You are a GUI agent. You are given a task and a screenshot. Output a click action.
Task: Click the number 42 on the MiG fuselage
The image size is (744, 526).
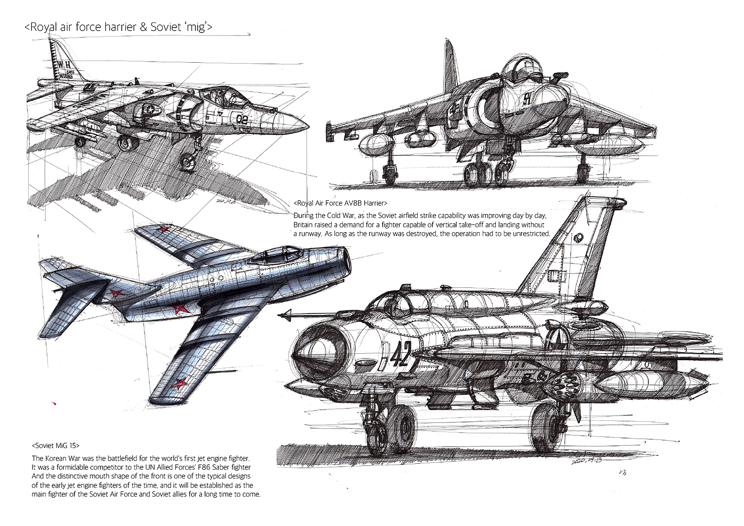400,354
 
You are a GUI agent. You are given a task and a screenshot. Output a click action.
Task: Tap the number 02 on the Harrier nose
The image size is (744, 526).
242,119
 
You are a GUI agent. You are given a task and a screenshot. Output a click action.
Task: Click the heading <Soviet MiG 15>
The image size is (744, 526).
55,446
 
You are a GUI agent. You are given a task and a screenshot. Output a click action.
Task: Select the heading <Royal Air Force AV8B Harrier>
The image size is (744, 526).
340,203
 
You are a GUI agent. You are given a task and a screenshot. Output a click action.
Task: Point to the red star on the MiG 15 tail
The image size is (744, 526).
114,293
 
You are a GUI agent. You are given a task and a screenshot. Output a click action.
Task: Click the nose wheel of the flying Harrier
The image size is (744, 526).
188,161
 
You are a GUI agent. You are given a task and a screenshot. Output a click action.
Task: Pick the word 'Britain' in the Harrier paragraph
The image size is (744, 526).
305,225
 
